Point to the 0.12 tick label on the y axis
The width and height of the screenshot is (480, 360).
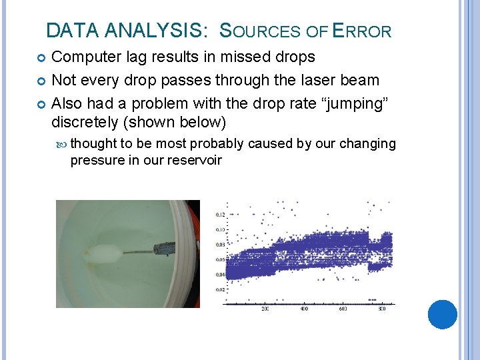coord(220,215)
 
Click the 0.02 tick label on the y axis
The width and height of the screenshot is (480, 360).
coord(220,290)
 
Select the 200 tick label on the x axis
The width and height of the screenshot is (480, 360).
coord(265,309)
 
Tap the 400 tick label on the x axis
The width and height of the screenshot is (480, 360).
coord(304,309)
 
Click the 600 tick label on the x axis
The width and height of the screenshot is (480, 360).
coord(343,309)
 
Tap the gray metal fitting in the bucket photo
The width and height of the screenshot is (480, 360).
coord(164,250)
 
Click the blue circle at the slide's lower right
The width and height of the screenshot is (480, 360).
coord(442,314)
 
